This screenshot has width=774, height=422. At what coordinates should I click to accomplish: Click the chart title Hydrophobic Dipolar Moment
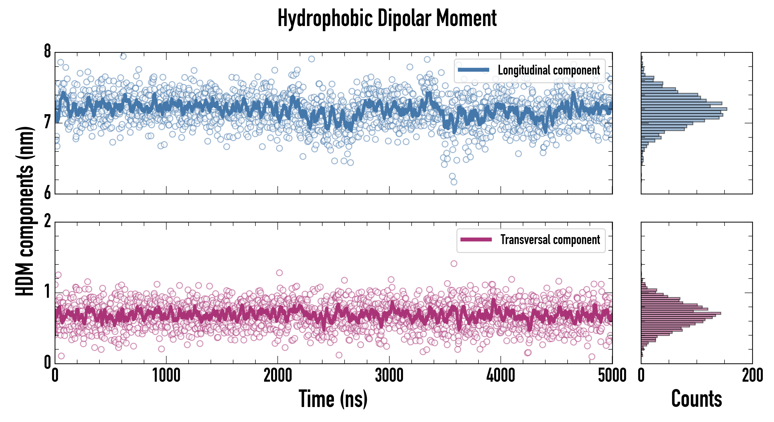[x=387, y=19]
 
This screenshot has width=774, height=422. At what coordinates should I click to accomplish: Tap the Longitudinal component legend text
[x=549, y=70]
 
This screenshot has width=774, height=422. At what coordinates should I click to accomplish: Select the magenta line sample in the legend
[x=476, y=239]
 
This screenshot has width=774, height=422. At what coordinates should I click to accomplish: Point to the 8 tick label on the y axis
[x=47, y=51]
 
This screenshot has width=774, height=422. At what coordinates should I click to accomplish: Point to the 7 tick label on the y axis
[x=47, y=122]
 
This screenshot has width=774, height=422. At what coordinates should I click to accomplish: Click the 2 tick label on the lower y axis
[x=47, y=222]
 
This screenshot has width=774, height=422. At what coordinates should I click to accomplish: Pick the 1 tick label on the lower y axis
[x=47, y=292]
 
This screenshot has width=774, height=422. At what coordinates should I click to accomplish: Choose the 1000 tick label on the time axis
[x=166, y=375]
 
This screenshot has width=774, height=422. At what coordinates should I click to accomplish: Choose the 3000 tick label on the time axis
[x=389, y=375]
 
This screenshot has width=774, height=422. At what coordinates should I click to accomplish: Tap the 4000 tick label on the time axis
[x=501, y=375]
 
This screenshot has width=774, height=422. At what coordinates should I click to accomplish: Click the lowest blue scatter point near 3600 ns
[x=454, y=182]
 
